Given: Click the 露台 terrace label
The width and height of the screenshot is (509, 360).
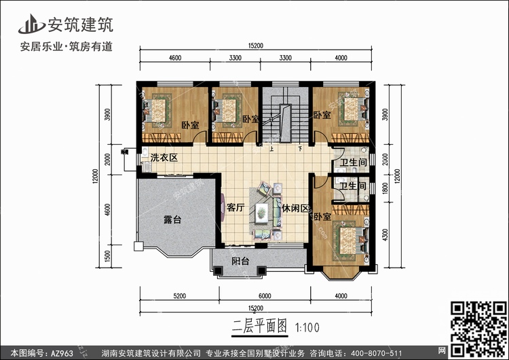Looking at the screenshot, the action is coord(172,219).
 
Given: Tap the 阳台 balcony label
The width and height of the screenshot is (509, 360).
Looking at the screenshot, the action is coord(240,261).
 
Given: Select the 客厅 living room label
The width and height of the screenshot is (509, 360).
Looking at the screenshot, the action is coord(235,208).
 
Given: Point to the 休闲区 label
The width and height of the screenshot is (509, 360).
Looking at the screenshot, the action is coord(295,209).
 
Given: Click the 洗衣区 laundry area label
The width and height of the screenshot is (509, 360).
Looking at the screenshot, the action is coord(164,158).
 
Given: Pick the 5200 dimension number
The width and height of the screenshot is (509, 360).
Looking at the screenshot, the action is coord(180,296).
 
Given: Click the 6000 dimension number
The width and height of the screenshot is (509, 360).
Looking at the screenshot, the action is coord(265,296).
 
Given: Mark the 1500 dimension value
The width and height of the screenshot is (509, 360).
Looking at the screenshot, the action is coord(107,256).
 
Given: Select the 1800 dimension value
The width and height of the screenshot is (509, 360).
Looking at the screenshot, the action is coord(385,188).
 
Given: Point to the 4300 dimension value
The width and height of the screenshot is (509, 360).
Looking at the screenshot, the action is coord(385,234).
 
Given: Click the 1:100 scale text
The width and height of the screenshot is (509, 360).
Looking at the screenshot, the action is coord(307,327).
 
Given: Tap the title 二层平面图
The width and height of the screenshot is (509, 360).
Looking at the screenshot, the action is coord(260,327).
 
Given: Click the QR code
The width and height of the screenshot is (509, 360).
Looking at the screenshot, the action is coord(479,329).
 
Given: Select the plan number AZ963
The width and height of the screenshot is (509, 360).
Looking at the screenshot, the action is coord(62,353).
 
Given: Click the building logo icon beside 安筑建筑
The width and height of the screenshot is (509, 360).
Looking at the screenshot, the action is coord(31,24).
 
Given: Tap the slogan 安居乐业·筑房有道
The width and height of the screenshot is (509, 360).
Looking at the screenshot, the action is coord(67,46).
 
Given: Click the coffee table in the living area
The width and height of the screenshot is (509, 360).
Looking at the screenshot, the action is coord(262,213).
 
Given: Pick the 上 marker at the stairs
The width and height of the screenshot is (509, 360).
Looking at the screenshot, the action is coord(271,149).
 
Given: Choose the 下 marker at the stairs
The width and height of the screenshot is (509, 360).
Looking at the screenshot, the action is coord(300,149).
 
